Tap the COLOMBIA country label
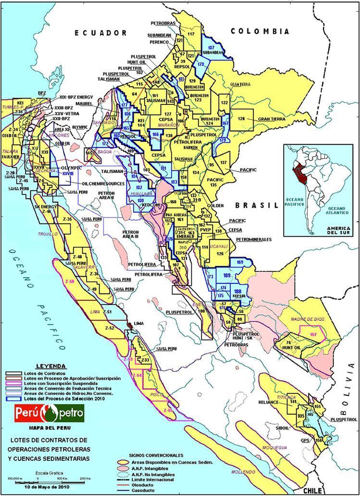[260, 31]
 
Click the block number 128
[241, 118]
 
